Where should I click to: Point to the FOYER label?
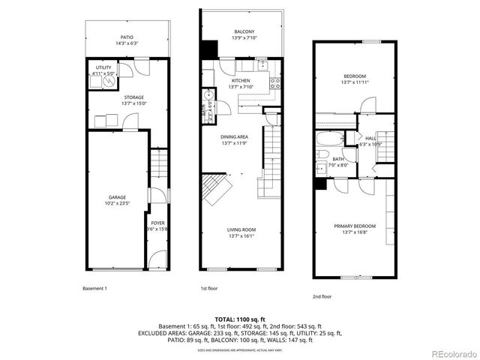[x=157, y=223]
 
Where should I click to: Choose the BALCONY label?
[x=244, y=31]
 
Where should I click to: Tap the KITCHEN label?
[x=241, y=81]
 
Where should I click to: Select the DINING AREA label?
[x=234, y=136]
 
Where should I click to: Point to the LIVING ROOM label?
[x=242, y=229]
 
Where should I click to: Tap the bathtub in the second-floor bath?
[x=329, y=139]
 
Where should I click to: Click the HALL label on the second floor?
[x=370, y=138]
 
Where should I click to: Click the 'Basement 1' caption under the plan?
[x=94, y=288]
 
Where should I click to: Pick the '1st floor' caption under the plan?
[x=208, y=288]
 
